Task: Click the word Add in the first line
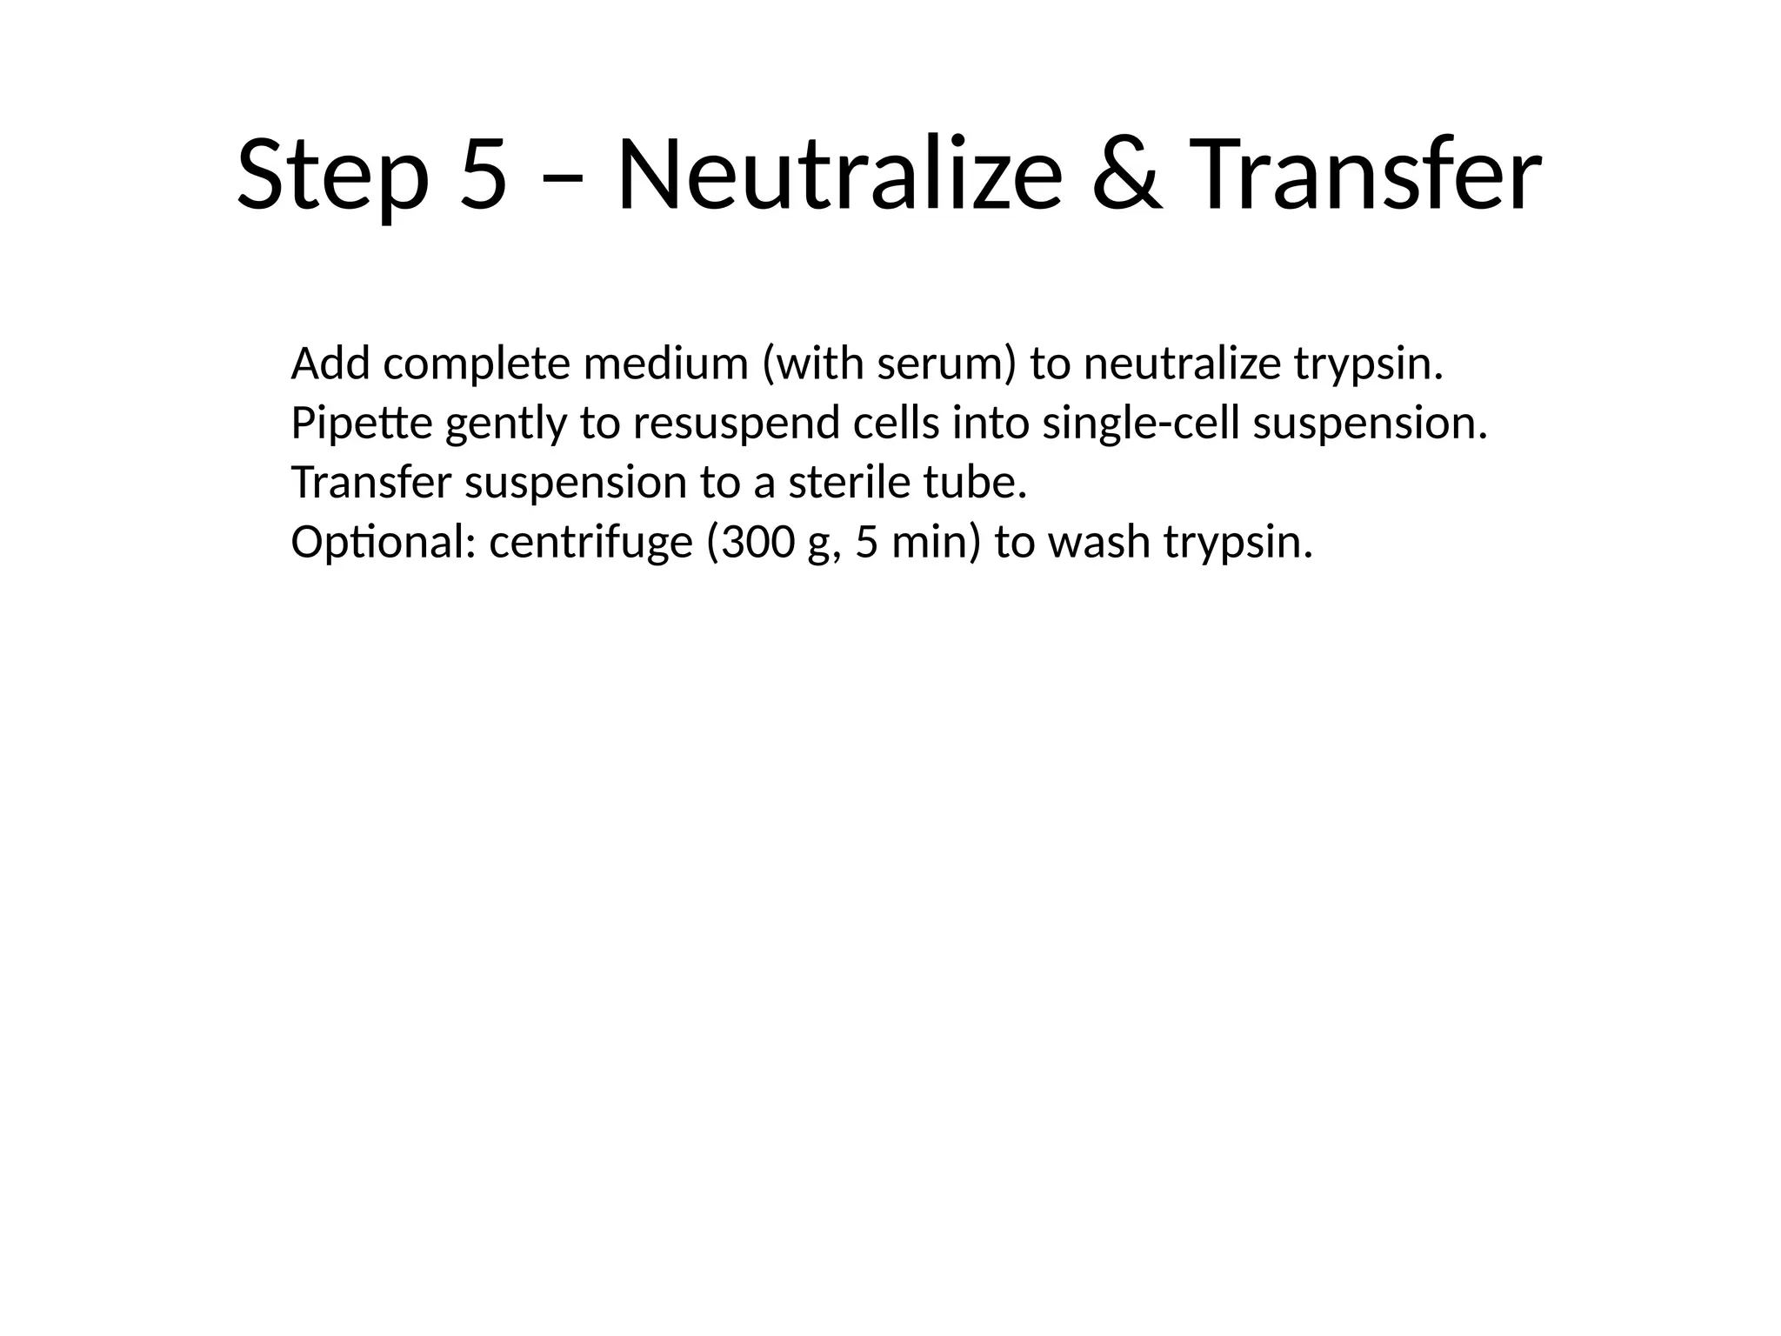pyautogui.click(x=331, y=364)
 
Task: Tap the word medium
pyautogui.click(x=665, y=364)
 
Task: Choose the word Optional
pyautogui.click(x=384, y=543)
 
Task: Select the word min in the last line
pyautogui.click(x=931, y=543)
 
